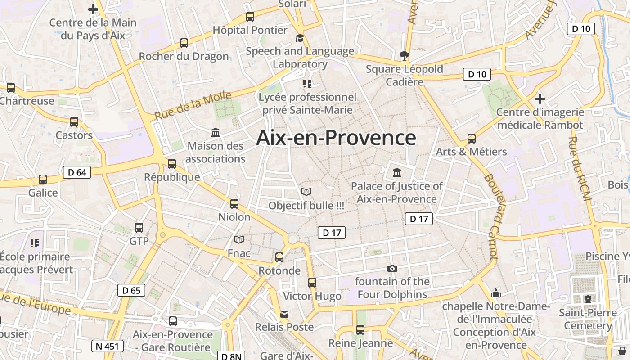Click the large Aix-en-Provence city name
click(336, 138)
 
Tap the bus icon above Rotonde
click(279, 257)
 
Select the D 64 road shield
click(77, 172)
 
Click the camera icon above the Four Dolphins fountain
click(392, 269)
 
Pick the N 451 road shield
click(107, 346)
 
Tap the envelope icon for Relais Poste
click(284, 314)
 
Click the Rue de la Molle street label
click(193, 105)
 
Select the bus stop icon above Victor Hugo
click(312, 283)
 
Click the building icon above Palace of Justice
click(397, 173)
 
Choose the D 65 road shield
click(131, 290)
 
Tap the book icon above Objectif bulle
click(306, 192)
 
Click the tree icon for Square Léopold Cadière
click(404, 56)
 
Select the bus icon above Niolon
click(234, 204)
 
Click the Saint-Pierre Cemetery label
click(588, 319)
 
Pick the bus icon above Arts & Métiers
click(472, 139)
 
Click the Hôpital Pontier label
click(250, 30)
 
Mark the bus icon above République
click(172, 164)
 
